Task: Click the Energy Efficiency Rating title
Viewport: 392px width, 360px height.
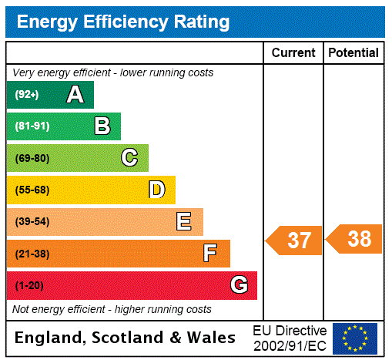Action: [123, 22]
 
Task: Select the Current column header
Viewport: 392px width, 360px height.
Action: [293, 53]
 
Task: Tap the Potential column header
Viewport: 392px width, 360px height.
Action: [353, 53]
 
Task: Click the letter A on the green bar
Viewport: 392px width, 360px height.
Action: [75, 95]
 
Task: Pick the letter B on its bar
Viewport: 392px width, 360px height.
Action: [102, 126]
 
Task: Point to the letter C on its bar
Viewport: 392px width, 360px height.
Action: [129, 158]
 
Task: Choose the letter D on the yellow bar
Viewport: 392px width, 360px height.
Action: [156, 190]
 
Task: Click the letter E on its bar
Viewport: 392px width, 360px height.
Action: [184, 222]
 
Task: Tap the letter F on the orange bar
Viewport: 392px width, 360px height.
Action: [210, 254]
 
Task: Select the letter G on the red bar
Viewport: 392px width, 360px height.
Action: [239, 285]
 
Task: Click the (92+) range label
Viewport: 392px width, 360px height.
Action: [26, 96]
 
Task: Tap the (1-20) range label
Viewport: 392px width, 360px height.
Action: [29, 286]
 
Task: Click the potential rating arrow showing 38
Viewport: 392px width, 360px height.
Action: [353, 239]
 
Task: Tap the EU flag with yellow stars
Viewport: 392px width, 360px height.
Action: [355, 338]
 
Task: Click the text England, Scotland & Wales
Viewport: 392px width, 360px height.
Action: [126, 338]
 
